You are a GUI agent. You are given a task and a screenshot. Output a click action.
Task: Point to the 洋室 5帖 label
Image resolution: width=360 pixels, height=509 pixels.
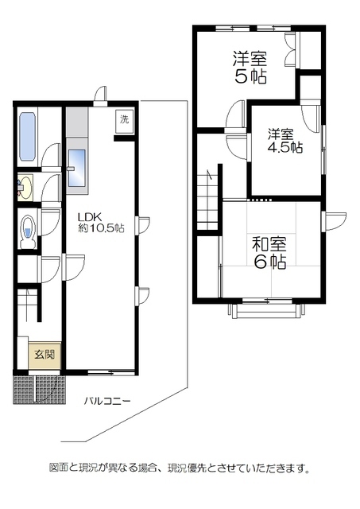(250, 68)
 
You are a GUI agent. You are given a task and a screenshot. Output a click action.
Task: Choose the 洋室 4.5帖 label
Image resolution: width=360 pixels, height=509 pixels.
(284, 141)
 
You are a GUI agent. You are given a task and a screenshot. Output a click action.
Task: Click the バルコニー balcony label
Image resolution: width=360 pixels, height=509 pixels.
(107, 401)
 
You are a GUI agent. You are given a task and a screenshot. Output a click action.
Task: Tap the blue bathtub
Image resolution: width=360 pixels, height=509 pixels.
(27, 137)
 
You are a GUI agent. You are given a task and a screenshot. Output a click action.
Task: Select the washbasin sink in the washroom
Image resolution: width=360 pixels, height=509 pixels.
(24, 188)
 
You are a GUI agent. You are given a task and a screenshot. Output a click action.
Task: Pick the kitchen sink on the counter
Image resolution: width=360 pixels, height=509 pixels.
(76, 169)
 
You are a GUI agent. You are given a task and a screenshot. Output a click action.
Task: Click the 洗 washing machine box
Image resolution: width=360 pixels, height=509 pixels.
(124, 120)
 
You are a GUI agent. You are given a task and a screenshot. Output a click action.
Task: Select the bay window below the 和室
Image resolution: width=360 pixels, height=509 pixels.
(265, 308)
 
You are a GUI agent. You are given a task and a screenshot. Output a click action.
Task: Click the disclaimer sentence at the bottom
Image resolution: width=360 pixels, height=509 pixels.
(180, 468)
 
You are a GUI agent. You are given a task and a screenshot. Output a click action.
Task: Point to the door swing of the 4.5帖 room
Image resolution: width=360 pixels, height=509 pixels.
(236, 143)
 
